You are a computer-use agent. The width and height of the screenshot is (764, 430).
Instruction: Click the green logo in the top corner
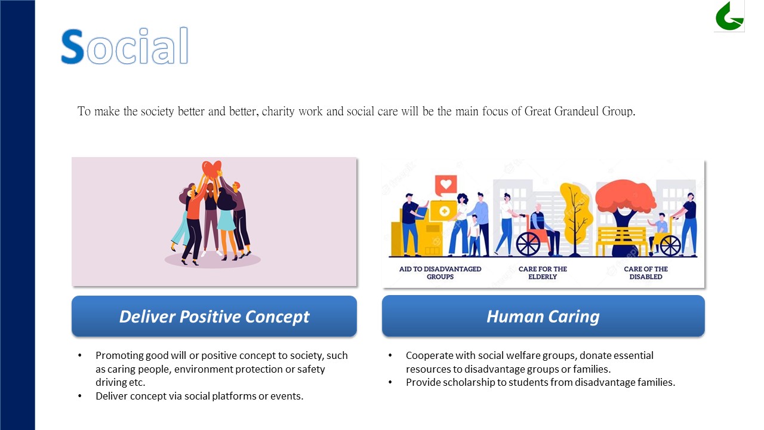pos(729,16)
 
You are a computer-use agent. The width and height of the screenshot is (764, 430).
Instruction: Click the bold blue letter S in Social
pos(72,47)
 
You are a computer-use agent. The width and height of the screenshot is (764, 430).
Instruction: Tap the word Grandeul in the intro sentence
pos(576,111)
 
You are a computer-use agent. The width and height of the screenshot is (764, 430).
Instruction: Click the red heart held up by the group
pos(211,169)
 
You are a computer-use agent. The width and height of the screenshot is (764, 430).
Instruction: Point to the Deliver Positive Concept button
pos(214,316)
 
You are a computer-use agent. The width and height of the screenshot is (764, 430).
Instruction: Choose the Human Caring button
pos(543,316)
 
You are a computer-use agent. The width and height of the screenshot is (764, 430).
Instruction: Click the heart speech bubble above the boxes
pos(445,185)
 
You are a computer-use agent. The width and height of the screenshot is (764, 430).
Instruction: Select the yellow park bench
pos(621,241)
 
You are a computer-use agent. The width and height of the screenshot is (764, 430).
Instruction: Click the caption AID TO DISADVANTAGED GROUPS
pos(440,273)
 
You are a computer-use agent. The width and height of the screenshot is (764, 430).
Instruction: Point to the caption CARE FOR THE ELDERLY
pos(543,273)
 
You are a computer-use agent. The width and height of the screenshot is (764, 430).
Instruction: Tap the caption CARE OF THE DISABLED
pos(646,273)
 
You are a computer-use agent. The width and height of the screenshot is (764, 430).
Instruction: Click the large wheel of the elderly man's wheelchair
pos(528,244)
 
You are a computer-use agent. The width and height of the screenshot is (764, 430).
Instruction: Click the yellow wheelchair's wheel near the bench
pos(670,245)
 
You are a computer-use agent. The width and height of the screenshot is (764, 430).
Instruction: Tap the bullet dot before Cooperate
pos(390,355)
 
